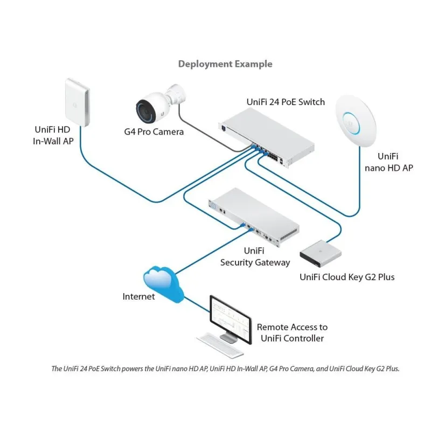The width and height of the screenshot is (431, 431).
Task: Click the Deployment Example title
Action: (x=225, y=64)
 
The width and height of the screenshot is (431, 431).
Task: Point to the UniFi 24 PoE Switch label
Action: (x=286, y=102)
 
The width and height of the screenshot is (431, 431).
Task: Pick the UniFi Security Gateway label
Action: (x=255, y=256)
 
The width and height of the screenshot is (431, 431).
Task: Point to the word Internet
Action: (x=138, y=297)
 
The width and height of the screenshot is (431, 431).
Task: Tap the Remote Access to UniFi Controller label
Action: (x=292, y=333)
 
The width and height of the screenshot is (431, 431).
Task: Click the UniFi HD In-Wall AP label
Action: (x=52, y=135)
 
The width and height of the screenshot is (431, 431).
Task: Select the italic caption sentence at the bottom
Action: (x=225, y=369)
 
